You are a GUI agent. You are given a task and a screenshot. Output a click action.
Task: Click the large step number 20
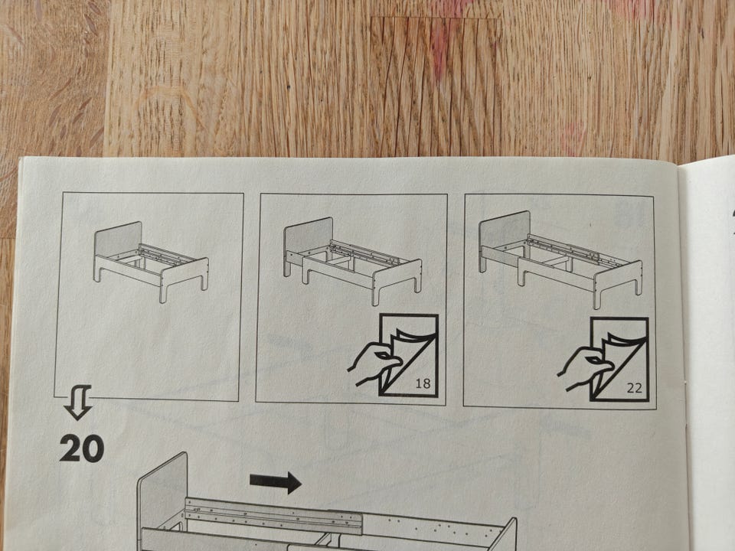tap(82, 448)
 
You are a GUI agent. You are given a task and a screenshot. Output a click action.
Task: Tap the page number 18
tap(423, 383)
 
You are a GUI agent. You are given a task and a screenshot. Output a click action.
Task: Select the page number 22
tap(634, 388)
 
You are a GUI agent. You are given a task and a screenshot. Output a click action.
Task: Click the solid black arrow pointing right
tap(275, 482)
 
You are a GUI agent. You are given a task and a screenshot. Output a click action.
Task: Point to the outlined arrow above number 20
tap(78, 401)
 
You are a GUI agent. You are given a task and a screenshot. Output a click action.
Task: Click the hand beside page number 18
tap(374, 363)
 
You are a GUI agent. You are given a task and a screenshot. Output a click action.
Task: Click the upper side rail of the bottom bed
tap(274, 515)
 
